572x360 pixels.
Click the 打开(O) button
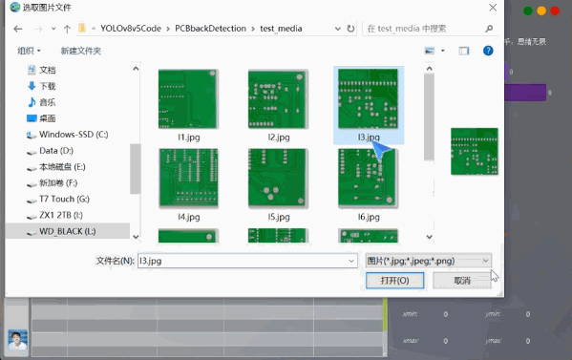(x=394, y=281)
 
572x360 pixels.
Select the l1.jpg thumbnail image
(x=188, y=99)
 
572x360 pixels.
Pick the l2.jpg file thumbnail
(x=278, y=99)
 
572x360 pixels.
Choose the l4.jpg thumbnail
(x=188, y=179)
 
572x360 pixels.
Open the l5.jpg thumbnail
(x=278, y=179)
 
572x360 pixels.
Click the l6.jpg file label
(x=369, y=218)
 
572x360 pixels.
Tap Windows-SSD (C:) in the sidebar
(x=73, y=135)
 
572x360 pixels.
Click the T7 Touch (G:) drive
(x=64, y=199)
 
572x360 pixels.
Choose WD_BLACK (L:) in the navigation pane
(x=67, y=231)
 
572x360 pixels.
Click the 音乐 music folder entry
(x=47, y=102)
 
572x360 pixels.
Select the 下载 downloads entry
(x=47, y=86)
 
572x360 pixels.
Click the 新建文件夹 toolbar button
(x=80, y=50)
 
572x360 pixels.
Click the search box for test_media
(x=420, y=28)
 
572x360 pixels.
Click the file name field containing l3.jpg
(x=244, y=260)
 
